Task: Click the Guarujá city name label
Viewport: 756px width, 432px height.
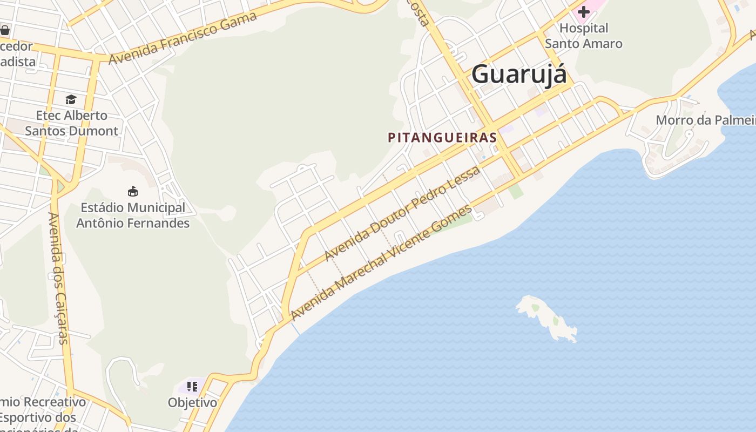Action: (x=519, y=75)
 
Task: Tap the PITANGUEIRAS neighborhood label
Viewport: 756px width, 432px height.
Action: (x=442, y=137)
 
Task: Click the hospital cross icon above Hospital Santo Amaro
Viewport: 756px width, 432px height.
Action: (x=583, y=11)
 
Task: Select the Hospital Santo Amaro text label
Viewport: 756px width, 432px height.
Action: (x=583, y=36)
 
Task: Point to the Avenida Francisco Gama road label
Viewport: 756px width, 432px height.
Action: (x=183, y=38)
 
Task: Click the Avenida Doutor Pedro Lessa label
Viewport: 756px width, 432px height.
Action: (x=402, y=214)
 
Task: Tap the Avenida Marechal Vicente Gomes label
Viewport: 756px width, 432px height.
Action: (x=381, y=263)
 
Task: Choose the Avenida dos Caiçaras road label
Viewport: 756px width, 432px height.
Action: (x=58, y=278)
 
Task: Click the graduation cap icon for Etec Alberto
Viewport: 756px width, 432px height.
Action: (x=71, y=99)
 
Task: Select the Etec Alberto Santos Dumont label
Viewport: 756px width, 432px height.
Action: (x=72, y=123)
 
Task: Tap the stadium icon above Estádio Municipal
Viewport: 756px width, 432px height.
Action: (x=132, y=191)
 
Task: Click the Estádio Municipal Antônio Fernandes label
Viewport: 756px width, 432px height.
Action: (x=133, y=215)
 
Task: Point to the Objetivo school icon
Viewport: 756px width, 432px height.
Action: (x=192, y=386)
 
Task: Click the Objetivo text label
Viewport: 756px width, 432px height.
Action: (x=192, y=403)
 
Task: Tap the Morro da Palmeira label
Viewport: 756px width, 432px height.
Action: (x=705, y=120)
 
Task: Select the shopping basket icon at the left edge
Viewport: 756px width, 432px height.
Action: (x=5, y=30)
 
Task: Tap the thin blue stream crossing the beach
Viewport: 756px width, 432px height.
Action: (x=295, y=327)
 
